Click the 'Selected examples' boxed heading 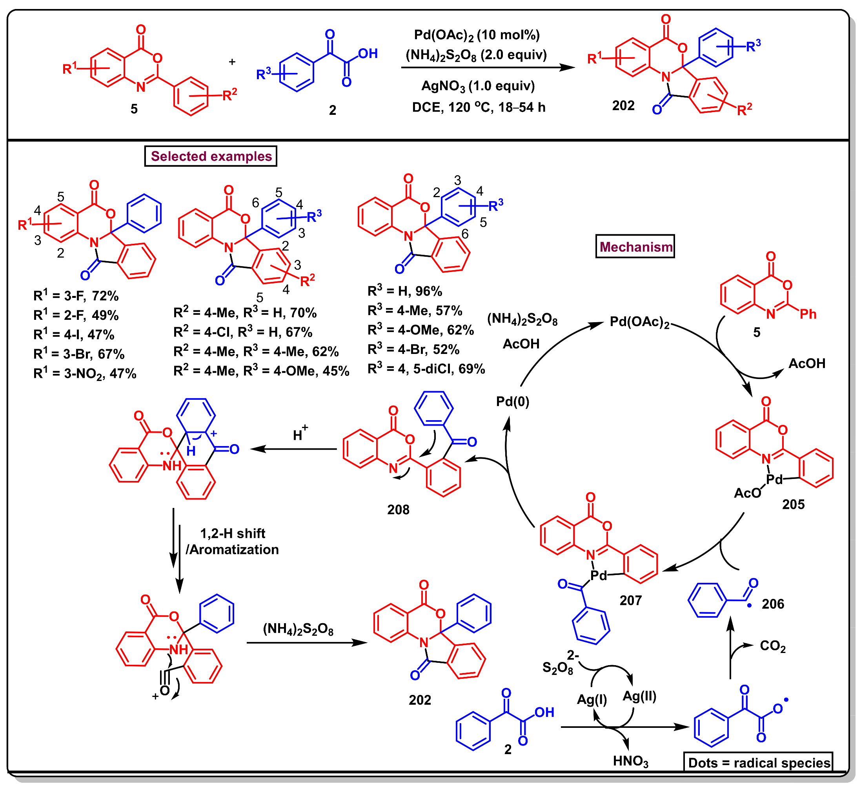(x=211, y=156)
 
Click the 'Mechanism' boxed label (x=635, y=247)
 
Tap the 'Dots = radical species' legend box (x=759, y=762)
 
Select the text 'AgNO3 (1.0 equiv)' (x=478, y=86)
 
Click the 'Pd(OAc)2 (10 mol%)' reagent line (x=477, y=35)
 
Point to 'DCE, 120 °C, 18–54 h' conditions (x=479, y=107)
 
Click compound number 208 (x=398, y=510)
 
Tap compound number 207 (x=630, y=600)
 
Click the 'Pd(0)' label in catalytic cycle (x=512, y=401)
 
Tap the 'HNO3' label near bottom (x=630, y=761)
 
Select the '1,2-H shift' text (x=233, y=533)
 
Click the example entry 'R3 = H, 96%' (x=404, y=291)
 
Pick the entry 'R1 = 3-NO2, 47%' (x=85, y=374)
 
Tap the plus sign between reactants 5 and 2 (x=232, y=62)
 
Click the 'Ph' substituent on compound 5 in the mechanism (x=808, y=314)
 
